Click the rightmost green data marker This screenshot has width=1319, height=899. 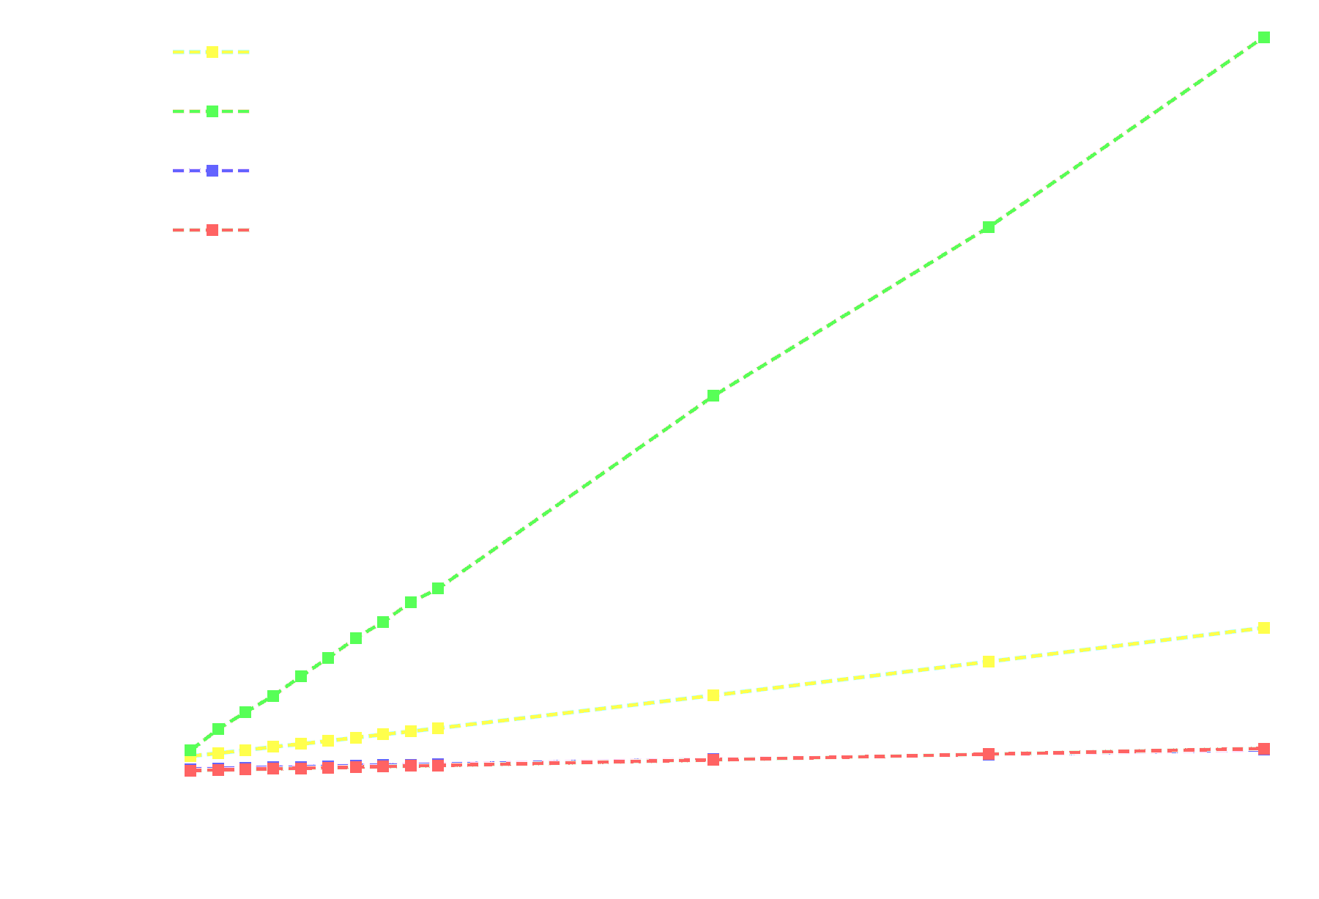[1263, 37]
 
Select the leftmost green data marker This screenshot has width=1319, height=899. [190, 750]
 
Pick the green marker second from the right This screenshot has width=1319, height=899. [988, 227]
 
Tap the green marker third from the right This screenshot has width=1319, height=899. [713, 396]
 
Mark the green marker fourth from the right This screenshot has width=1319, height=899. [438, 588]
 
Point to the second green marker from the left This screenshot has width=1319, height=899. [218, 729]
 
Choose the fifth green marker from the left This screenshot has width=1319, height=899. [301, 676]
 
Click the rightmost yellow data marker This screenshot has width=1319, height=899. [1263, 628]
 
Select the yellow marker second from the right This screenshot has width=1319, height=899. [988, 662]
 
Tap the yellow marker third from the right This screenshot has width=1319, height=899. [713, 695]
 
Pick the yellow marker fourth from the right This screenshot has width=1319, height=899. [438, 728]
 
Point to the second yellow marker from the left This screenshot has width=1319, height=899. [218, 752]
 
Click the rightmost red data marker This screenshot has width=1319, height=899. [1263, 748]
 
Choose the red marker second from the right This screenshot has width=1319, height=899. [988, 754]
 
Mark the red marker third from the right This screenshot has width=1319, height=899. [713, 760]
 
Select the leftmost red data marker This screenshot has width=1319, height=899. [190, 770]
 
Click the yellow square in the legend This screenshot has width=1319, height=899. [212, 52]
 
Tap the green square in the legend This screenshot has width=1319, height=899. [212, 111]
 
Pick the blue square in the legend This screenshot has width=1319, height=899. [212, 171]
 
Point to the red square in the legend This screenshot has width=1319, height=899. [212, 230]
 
